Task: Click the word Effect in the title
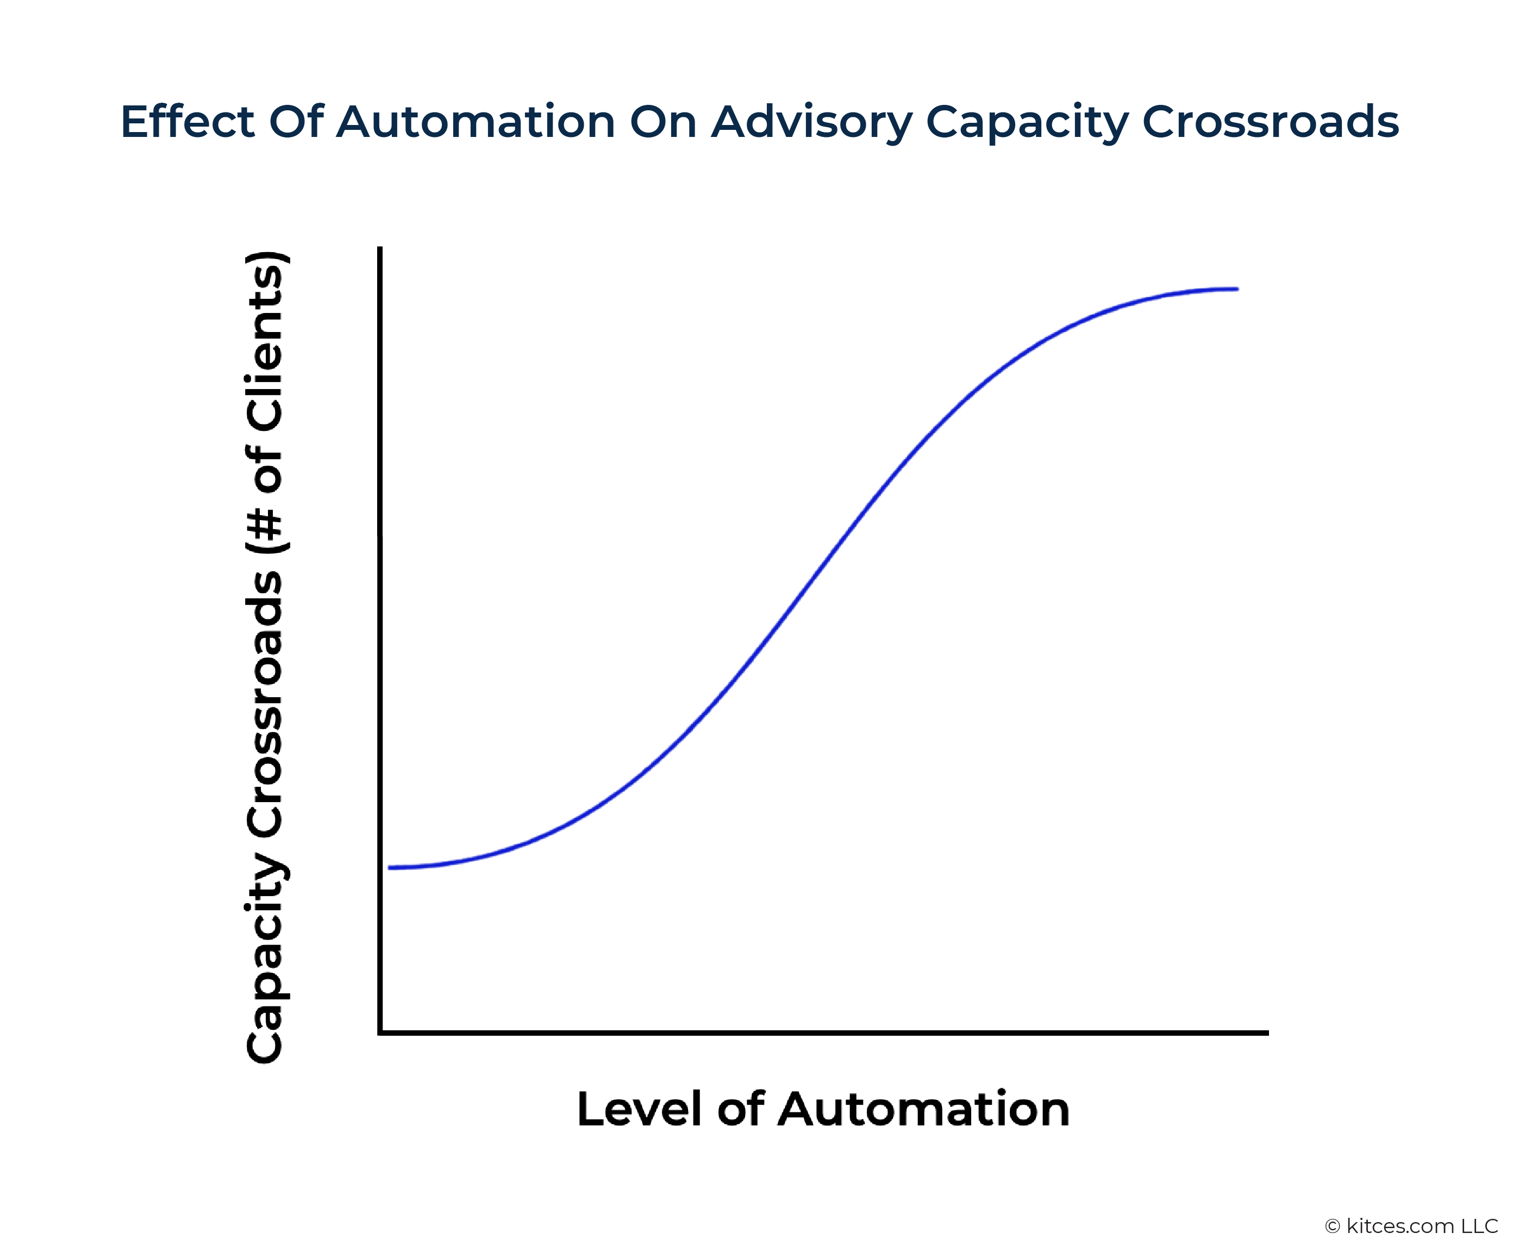[x=186, y=122]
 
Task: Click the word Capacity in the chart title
[x=1027, y=123]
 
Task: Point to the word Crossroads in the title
[x=1270, y=122]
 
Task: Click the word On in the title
[x=662, y=122]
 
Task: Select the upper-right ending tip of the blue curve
[x=1237, y=289]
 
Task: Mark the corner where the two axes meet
[x=380, y=1032]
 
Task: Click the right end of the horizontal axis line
[x=1267, y=1033]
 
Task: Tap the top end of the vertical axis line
[x=380, y=248]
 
